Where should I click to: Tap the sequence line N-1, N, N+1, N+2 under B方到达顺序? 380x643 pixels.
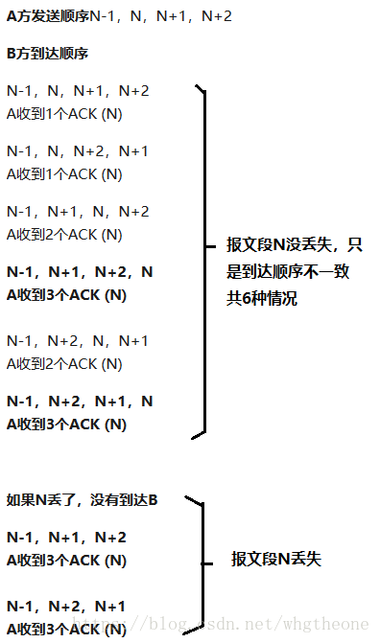pos(78,91)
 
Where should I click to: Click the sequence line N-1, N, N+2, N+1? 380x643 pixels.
pos(78,151)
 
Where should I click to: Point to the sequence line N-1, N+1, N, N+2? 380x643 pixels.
pos(78,212)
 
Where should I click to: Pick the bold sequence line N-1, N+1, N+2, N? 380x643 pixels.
pos(80,272)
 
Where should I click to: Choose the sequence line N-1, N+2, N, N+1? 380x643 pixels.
pos(78,341)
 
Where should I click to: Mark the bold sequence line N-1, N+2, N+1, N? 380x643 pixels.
pos(80,402)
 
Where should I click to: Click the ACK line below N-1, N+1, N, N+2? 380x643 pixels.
pos(65,235)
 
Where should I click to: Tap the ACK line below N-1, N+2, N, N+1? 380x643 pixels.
pos(65,364)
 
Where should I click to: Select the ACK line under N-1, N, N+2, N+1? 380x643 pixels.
pos(65,174)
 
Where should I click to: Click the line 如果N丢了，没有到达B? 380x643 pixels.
pos(83,500)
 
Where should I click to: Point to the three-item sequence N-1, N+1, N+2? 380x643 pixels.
pos(66,538)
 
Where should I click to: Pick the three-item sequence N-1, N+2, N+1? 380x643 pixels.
pos(66,607)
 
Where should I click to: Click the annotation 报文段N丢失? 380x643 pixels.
pos(275,559)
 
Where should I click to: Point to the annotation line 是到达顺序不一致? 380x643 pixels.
pos(288,272)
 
